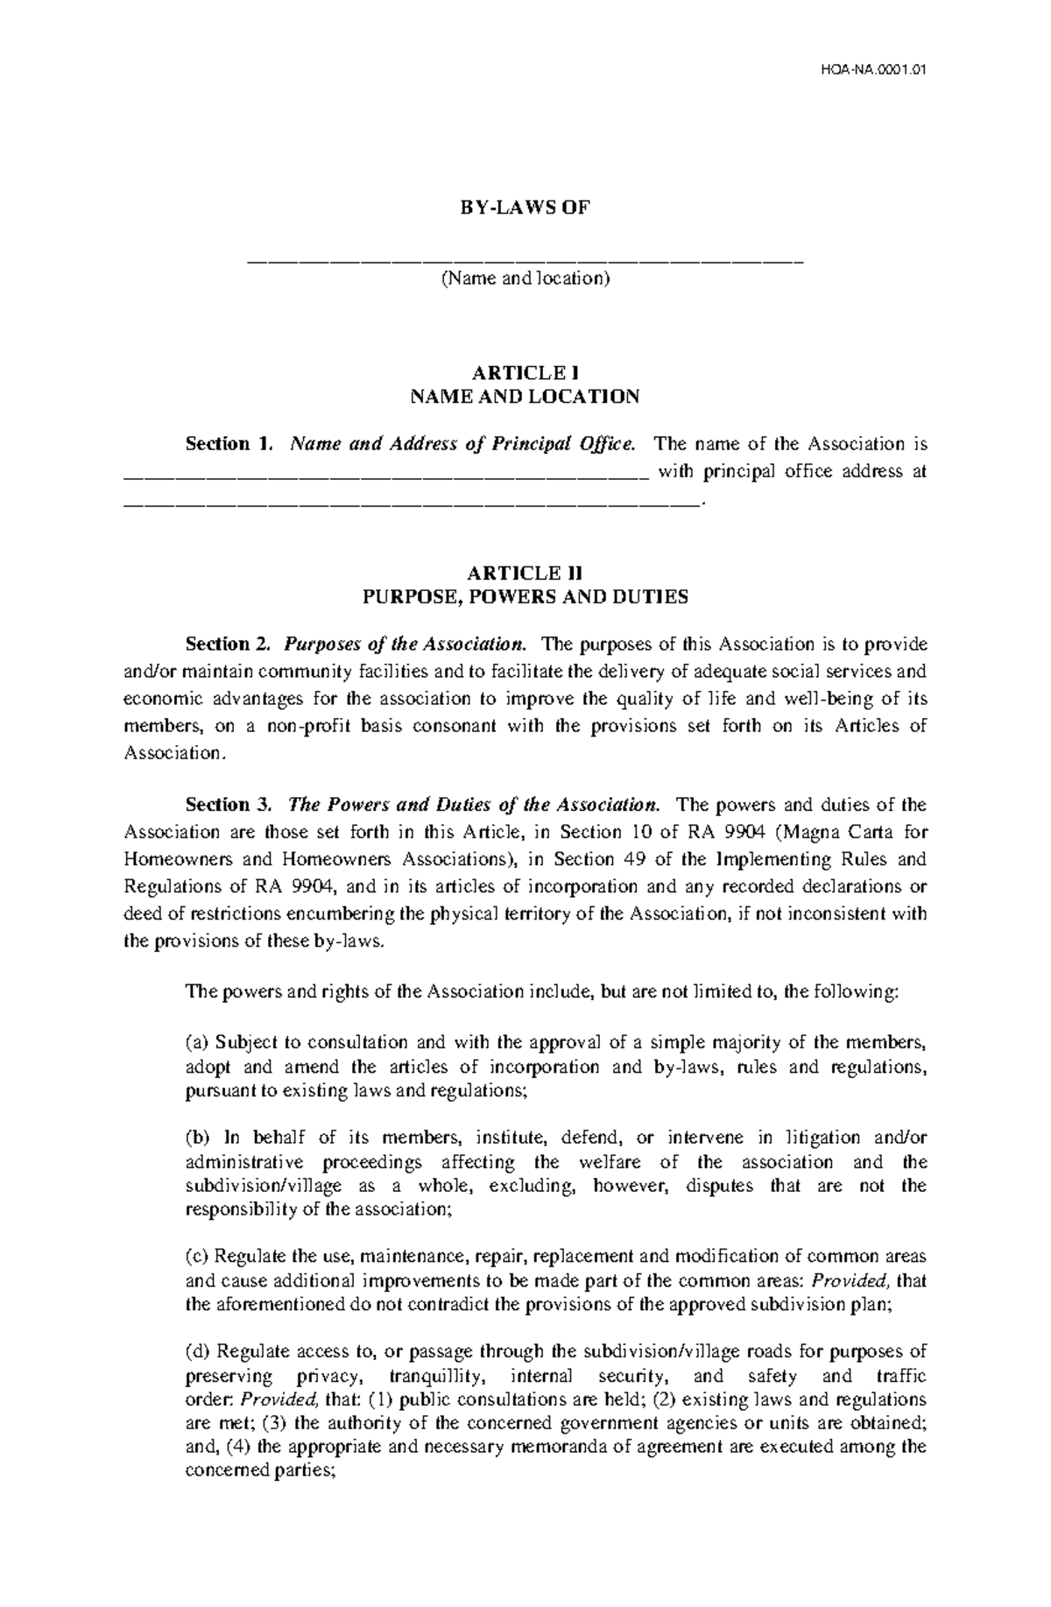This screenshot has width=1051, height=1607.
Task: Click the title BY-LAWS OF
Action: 525,208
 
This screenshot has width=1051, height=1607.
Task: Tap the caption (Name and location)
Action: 525,279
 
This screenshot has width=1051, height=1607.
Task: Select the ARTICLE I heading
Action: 525,372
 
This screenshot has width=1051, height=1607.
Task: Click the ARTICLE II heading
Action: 525,573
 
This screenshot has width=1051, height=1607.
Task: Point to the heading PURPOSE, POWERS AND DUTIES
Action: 525,597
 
